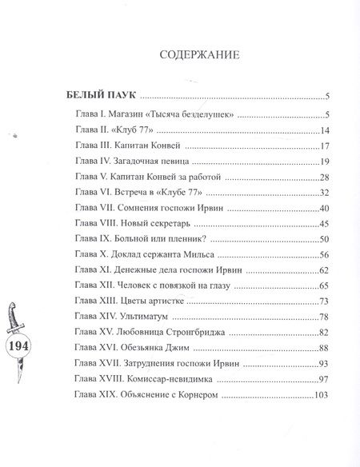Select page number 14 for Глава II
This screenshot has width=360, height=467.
325,131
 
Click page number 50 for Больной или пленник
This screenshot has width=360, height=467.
325,238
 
